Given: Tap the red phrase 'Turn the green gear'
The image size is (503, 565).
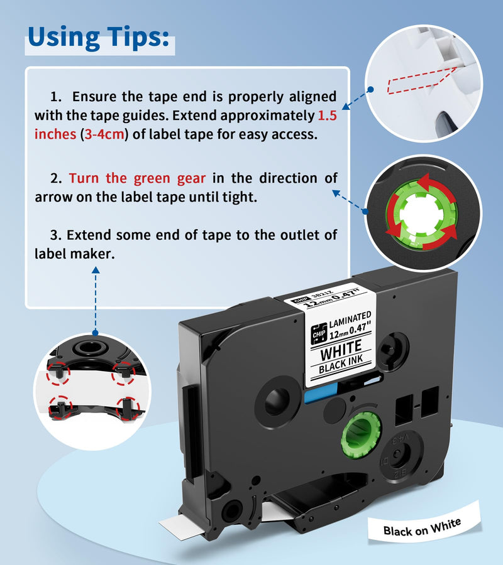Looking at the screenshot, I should (137, 178).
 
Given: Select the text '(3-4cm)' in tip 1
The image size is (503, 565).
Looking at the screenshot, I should (104, 135).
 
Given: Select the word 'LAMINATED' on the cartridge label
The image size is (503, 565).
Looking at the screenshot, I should (350, 316).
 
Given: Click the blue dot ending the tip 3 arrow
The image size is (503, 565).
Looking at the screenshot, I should (96, 333).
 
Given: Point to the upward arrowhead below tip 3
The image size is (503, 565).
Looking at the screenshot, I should (96, 271).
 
